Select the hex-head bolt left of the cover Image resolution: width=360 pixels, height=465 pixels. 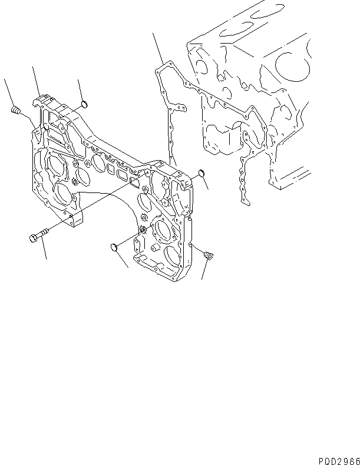pyautogui.click(x=35, y=237)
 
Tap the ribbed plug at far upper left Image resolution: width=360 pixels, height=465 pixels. pyautogui.click(x=16, y=109)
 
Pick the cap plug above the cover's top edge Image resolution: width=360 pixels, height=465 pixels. pyautogui.click(x=84, y=105)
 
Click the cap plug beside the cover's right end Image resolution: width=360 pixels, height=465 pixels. pyautogui.click(x=199, y=174)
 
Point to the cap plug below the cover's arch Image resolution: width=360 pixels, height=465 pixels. pyautogui.click(x=116, y=247)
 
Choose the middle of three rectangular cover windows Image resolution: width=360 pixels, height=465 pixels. pyautogui.click(x=123, y=175)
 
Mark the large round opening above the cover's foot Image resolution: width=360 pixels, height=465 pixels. pyautogui.click(x=63, y=191)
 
